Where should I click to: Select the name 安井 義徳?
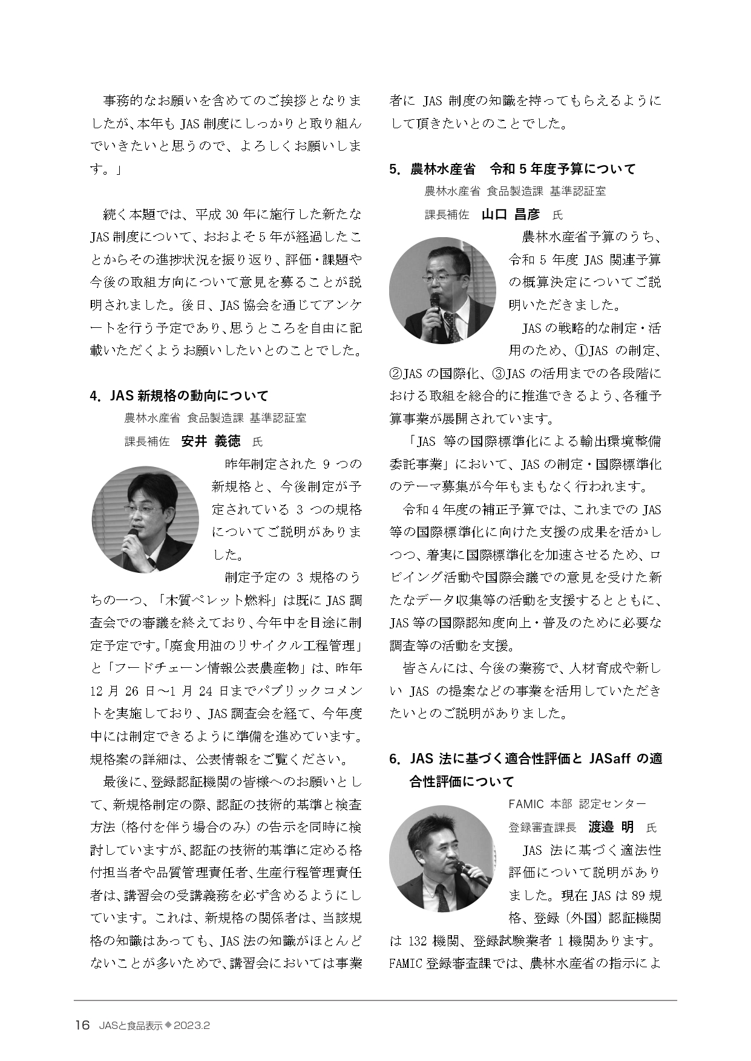click(211, 441)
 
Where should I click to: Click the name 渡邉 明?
click(611, 827)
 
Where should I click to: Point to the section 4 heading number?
click(94, 396)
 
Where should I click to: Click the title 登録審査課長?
click(542, 827)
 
